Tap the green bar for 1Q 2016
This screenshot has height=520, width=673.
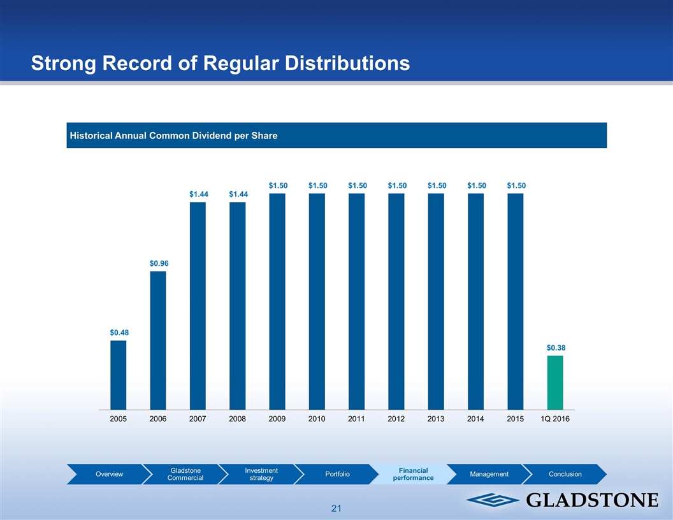coord(555,382)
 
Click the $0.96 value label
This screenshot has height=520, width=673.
coord(158,263)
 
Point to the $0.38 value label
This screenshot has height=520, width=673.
coord(556,348)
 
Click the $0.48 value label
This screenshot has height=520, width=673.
coord(118,332)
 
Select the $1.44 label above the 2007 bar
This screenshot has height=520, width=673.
coord(198,193)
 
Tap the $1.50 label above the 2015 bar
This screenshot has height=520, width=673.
coord(516,185)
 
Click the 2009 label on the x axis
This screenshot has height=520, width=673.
coord(277,419)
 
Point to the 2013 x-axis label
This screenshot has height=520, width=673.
coord(436,419)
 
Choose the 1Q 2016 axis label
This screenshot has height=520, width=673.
coord(554,419)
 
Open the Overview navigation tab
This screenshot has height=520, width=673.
coord(110,474)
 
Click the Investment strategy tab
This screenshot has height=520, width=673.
coord(261,474)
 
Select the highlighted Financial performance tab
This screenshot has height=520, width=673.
coord(412,474)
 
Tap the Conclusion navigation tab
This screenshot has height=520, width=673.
coord(565,474)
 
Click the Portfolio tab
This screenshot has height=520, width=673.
coord(337,474)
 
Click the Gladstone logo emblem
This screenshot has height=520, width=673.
coord(486,500)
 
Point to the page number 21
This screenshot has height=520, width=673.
coord(336,509)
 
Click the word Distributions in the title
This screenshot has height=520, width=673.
coord(331,63)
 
